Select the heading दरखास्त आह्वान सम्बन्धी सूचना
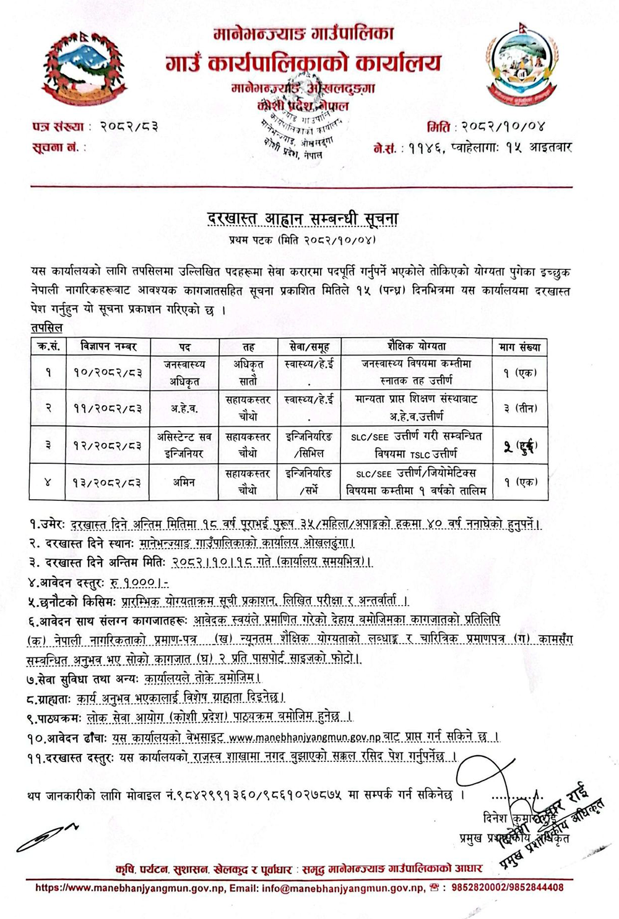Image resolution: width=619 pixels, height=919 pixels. tap(303, 219)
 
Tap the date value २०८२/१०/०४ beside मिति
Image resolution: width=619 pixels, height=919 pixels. tap(503, 127)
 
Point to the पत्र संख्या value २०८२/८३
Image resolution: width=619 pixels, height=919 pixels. tap(129, 127)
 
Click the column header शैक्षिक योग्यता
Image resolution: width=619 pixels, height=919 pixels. tap(416, 346)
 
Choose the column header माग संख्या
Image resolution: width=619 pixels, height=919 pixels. tap(520, 347)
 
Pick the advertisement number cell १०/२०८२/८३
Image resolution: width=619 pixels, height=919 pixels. tap(108, 373)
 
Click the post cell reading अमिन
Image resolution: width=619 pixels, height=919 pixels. tap(184, 482)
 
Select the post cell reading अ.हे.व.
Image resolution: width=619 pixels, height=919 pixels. tap(184, 408)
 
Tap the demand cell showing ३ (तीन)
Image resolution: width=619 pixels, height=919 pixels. tap(520, 408)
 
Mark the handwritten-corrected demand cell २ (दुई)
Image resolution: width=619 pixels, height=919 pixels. tap(520, 445)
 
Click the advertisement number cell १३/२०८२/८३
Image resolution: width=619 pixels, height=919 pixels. tap(108, 482)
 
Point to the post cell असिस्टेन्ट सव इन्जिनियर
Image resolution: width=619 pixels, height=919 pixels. tap(184, 445)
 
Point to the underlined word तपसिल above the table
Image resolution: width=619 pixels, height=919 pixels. tap(46, 328)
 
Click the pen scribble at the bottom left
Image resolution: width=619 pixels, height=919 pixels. tap(46, 836)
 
